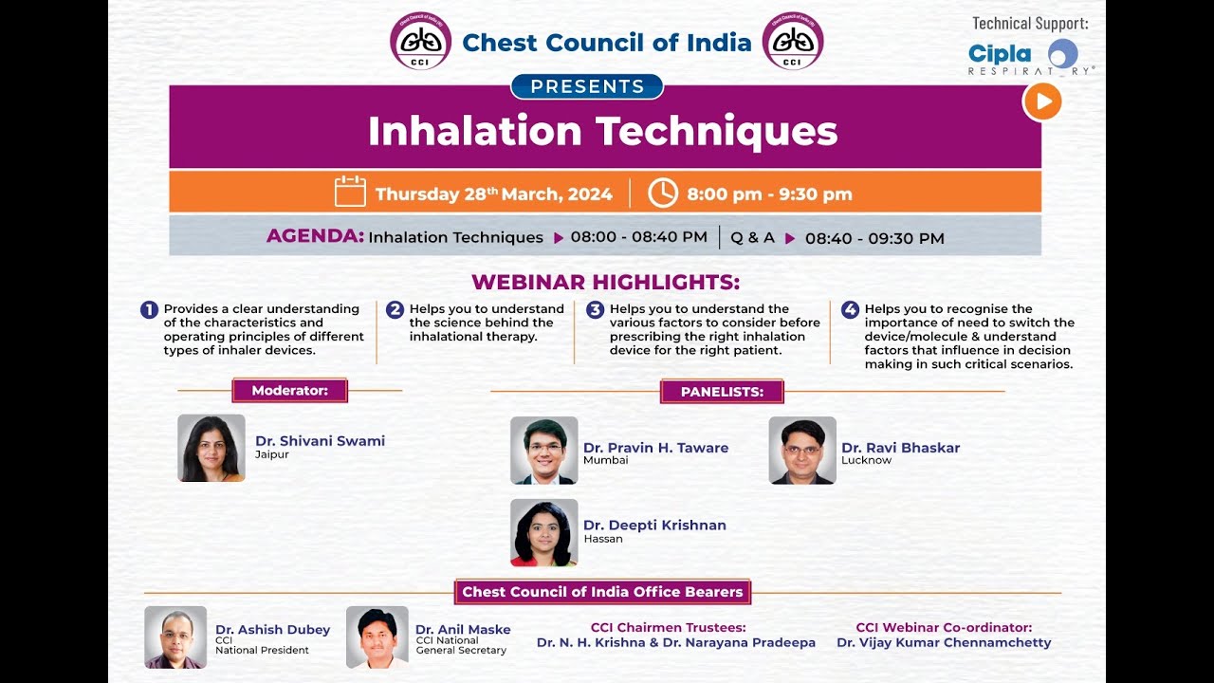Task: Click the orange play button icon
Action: tap(1042, 102)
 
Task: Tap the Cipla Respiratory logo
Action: tap(1030, 57)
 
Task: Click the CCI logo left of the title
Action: tap(421, 41)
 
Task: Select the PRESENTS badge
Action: tap(587, 86)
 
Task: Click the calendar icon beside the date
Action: tap(350, 193)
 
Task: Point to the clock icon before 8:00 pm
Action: tap(663, 193)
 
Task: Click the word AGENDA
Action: tap(315, 236)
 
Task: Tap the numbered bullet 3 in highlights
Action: tap(595, 309)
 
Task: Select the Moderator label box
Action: tap(289, 391)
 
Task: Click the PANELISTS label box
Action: tap(722, 391)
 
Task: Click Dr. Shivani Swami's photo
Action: tap(212, 448)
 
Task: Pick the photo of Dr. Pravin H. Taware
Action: tap(543, 451)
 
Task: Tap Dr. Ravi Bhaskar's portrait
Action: tap(802, 451)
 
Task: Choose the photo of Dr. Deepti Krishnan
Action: tap(543, 533)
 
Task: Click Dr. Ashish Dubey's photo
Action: tap(175, 637)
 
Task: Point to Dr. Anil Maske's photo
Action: tap(377, 637)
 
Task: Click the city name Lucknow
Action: tap(866, 461)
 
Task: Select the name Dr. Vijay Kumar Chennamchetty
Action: tap(944, 643)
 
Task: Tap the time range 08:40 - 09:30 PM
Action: tap(874, 238)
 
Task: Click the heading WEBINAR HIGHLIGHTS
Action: tap(605, 282)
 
